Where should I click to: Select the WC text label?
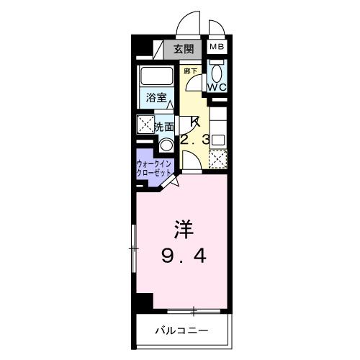click(x=217, y=86)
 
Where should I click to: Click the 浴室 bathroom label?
click(x=156, y=96)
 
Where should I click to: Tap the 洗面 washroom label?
click(x=165, y=127)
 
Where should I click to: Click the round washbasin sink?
click(x=166, y=143)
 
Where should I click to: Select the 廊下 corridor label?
click(x=190, y=71)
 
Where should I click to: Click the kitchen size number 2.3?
click(x=194, y=140)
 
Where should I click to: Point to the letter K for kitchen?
click(x=194, y=121)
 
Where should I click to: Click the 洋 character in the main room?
click(x=183, y=230)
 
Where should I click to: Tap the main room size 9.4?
click(x=183, y=255)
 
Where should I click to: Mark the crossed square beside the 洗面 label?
click(x=145, y=124)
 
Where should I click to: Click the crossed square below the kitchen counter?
click(x=218, y=158)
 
